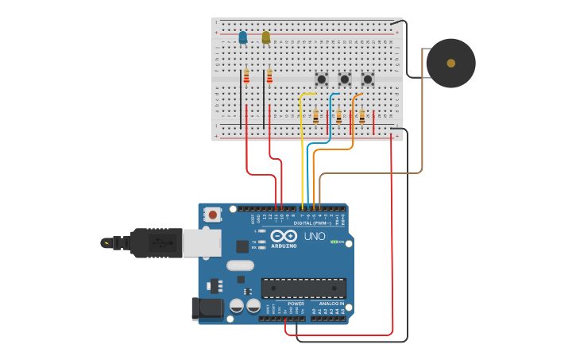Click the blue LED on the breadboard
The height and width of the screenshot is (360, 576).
(243, 37)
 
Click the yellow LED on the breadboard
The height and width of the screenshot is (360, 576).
(266, 37)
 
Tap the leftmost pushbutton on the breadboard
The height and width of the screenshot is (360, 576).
(321, 79)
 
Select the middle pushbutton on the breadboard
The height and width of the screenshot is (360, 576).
(344, 79)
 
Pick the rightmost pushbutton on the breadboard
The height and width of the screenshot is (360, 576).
(367, 79)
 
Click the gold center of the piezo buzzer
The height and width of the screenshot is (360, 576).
(451, 63)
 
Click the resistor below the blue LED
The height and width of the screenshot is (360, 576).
(246, 76)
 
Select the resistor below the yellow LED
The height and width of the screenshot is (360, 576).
(269, 76)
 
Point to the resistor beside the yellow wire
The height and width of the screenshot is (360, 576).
(315, 117)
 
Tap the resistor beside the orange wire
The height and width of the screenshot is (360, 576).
(361, 117)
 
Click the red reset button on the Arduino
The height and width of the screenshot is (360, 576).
(212, 214)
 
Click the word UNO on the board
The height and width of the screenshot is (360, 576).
(315, 236)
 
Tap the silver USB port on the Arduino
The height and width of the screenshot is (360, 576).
(202, 242)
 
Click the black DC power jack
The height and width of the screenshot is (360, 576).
(207, 308)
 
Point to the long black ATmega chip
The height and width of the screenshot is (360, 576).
(303, 288)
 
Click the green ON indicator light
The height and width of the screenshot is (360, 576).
(334, 242)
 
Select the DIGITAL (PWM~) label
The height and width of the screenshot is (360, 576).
(315, 223)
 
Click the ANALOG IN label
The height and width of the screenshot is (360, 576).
(331, 304)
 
